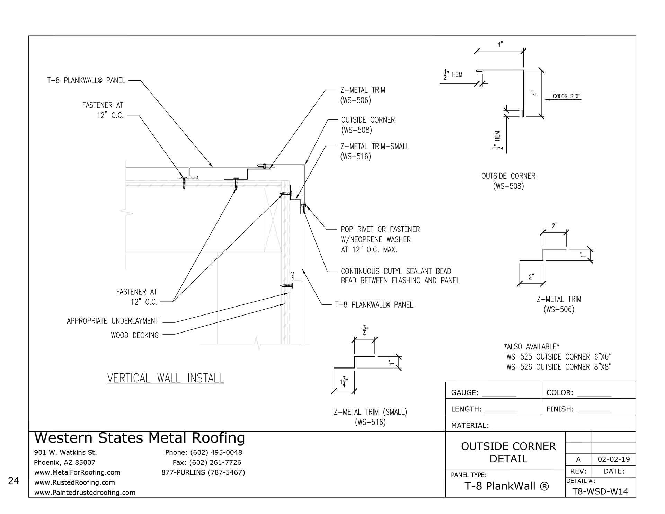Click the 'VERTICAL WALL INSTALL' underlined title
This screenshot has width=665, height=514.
click(166, 378)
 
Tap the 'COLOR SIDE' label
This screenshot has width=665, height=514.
click(566, 96)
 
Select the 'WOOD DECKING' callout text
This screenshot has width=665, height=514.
click(135, 335)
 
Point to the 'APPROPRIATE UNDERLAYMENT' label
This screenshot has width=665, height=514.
click(113, 321)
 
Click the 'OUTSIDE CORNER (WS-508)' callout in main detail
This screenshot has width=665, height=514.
click(368, 125)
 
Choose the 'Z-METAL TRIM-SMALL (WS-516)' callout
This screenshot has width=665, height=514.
click(374, 151)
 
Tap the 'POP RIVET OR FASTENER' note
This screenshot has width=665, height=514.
click(380, 229)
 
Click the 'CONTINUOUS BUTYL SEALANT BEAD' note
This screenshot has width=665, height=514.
click(396, 271)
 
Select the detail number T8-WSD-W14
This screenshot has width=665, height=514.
click(600, 491)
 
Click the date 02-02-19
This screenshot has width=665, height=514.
click(614, 460)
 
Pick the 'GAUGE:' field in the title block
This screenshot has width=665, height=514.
click(465, 392)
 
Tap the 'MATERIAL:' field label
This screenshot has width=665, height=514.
click(470, 425)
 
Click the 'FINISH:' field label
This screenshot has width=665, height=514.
click(560, 409)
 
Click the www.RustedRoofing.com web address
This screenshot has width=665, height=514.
click(74, 482)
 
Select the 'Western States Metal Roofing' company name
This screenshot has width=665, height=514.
click(140, 438)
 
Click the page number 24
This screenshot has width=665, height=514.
click(14, 481)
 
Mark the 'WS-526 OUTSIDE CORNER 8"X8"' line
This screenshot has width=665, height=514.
click(559, 367)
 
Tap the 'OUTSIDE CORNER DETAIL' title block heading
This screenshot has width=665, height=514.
click(508, 452)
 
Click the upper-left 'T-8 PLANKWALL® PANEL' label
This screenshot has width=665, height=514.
click(86, 80)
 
